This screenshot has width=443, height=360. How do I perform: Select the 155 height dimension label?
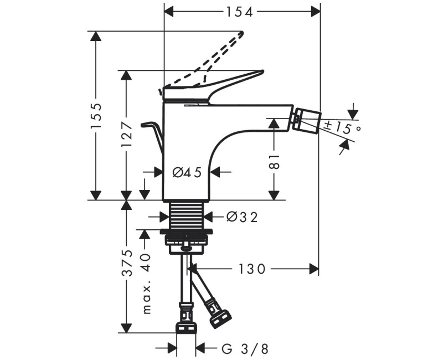(x=96, y=115)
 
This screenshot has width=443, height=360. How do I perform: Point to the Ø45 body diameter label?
(x=186, y=172)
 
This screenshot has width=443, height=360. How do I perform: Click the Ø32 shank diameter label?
(x=242, y=217)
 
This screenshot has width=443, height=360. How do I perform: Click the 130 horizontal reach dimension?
(x=253, y=269)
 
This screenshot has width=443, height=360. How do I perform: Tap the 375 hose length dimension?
(x=127, y=264)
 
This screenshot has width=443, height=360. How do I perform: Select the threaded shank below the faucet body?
(x=186, y=213)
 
